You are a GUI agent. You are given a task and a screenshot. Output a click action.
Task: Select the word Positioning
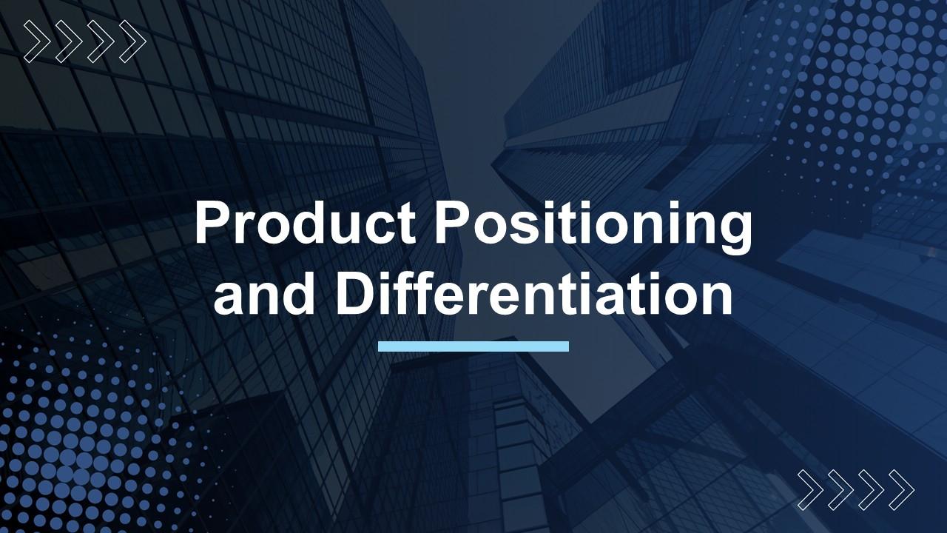(593, 227)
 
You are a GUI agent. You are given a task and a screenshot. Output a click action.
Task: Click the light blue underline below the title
(473, 346)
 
